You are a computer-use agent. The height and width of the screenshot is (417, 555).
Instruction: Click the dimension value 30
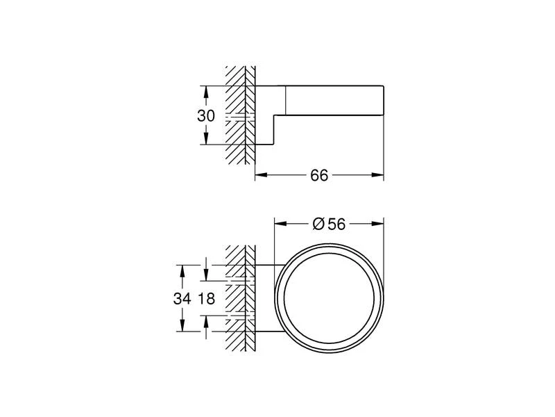coord(206,115)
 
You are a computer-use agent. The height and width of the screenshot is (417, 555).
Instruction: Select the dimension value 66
coord(319,175)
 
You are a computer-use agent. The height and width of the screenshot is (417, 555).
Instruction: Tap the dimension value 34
coord(182,299)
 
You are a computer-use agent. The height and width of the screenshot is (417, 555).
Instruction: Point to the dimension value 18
coord(206,299)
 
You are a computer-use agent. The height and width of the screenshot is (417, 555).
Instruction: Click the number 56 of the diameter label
coord(336,224)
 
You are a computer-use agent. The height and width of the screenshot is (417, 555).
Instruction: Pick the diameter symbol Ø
coord(318,224)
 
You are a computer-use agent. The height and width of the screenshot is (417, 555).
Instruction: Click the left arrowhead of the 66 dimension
coord(262,174)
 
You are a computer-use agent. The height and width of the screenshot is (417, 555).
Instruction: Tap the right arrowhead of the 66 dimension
coord(377,174)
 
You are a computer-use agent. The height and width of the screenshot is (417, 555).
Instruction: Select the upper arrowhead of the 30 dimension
coord(206,92)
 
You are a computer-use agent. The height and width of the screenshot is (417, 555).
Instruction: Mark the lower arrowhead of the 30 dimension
coord(206,138)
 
